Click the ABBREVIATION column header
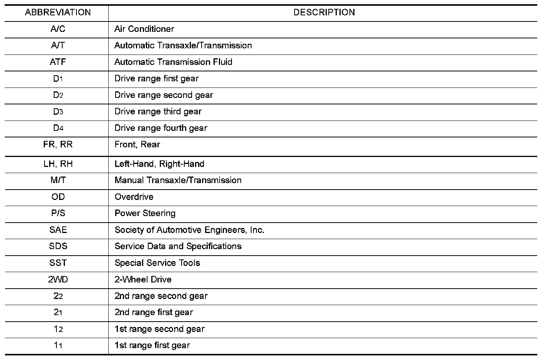tap(58, 13)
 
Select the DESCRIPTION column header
tap(324, 13)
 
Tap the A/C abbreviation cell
tap(58, 29)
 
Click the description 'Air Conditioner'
tap(144, 29)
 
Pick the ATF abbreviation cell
tap(58, 62)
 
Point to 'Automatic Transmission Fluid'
tap(173, 62)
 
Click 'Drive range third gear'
tap(158, 112)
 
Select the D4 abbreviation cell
tap(58, 128)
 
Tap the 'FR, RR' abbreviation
tap(58, 145)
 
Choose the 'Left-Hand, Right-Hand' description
tap(159, 164)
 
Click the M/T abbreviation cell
tap(58, 180)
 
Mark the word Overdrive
tap(134, 197)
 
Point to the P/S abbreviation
tap(58, 213)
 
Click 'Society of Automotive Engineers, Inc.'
tap(189, 230)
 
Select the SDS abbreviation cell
tap(58, 246)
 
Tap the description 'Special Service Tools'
tap(157, 263)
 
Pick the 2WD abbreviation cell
tap(58, 279)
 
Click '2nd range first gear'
tap(154, 312)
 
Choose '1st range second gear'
tap(159, 329)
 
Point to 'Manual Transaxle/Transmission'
tap(178, 180)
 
